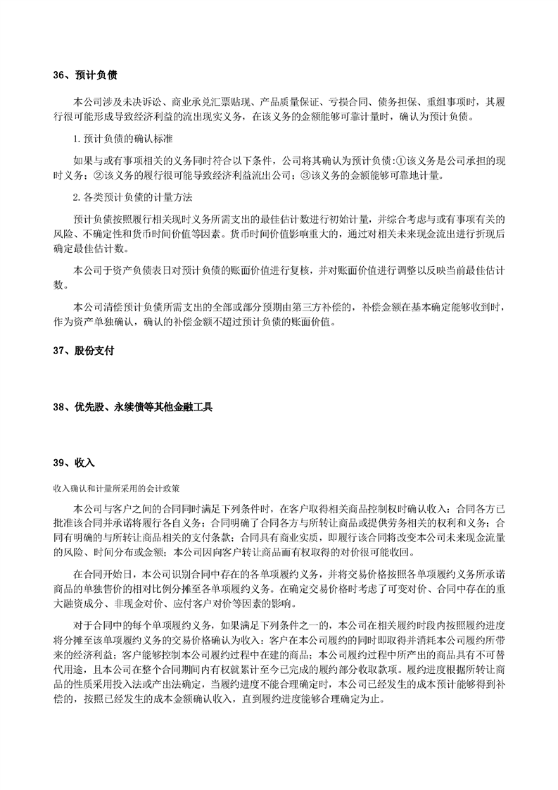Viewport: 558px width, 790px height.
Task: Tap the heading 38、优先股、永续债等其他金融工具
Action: pyautogui.click(x=132, y=407)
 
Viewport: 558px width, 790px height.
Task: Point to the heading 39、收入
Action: pyautogui.click(x=74, y=463)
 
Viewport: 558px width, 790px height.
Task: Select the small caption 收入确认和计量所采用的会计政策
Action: pyautogui.click(x=115, y=487)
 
